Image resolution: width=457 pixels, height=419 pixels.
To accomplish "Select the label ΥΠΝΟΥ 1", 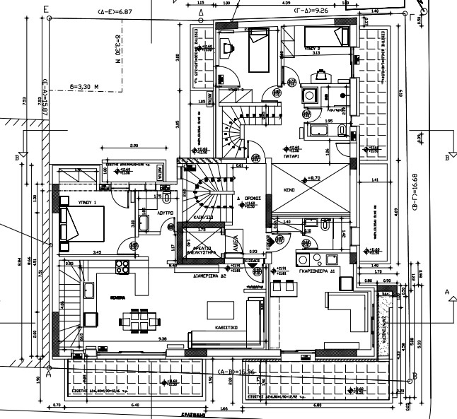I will [86, 201].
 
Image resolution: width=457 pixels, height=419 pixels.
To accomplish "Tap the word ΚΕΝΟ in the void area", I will [289, 191].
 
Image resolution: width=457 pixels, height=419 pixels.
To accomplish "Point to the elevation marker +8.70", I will [312, 177].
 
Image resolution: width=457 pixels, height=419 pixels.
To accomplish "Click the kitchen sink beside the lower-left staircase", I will [90, 291].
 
